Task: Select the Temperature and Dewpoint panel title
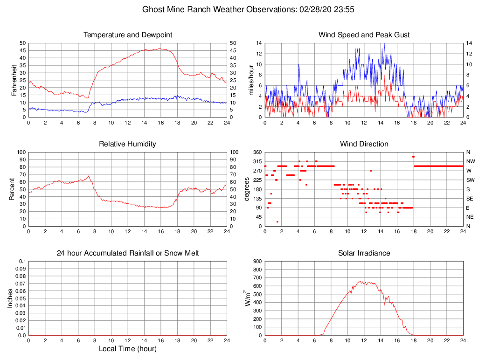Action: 127,35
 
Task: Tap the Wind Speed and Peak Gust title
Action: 364,35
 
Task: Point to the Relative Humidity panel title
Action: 127,144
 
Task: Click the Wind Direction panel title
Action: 364,144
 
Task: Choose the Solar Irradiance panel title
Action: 364,253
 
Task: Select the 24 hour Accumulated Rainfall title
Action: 127,253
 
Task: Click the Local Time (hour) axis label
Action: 127,349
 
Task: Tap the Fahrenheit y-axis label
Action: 14,80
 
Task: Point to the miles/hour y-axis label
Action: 250,80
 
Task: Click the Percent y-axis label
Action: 13,189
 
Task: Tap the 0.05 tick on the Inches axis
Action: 21,298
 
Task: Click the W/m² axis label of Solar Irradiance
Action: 249,298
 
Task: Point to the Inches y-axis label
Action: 10,298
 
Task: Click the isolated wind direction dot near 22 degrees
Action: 278,222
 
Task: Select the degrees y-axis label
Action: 247,189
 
